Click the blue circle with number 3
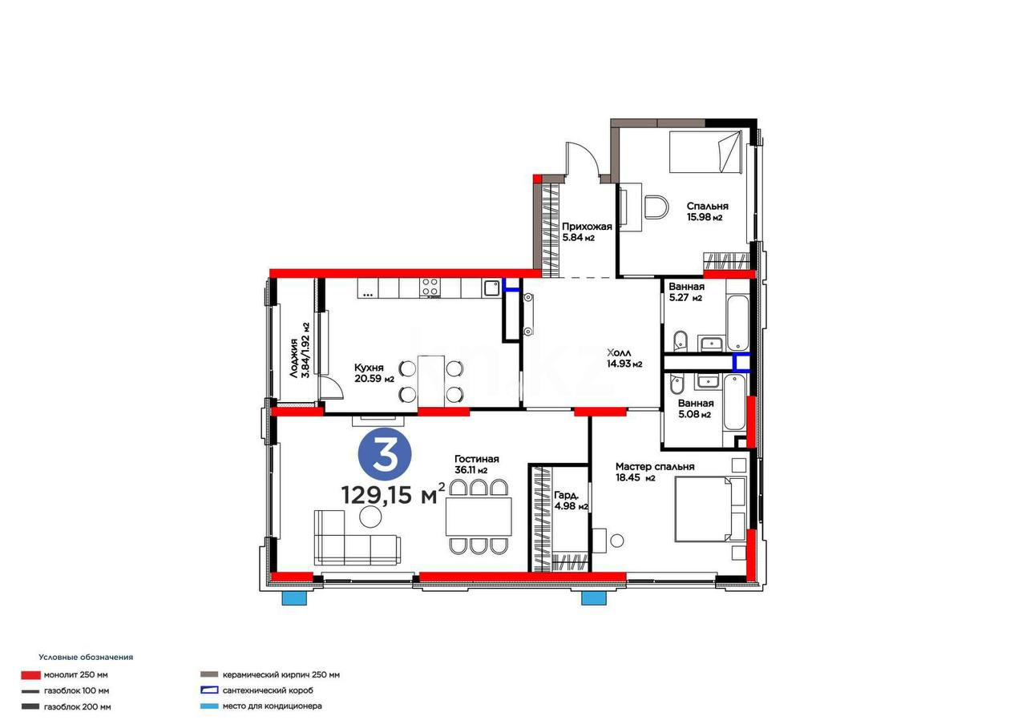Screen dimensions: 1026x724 click(x=385, y=455)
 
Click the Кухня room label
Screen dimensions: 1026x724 click(x=369, y=368)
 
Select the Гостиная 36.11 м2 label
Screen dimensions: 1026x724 click(x=476, y=464)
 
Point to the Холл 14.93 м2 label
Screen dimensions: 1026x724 click(x=624, y=358)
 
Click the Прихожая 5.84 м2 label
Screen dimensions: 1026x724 click(x=587, y=231)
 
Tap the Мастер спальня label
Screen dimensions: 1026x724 click(x=655, y=466)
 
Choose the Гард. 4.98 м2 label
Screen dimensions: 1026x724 click(x=571, y=501)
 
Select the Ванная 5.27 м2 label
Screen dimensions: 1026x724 click(x=686, y=292)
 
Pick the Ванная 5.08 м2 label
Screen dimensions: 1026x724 click(x=695, y=408)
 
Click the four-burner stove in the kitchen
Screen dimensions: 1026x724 click(x=430, y=288)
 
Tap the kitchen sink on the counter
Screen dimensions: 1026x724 click(x=491, y=288)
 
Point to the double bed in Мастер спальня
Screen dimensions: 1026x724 click(x=710, y=509)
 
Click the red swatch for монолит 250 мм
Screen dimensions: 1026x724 click(x=30, y=674)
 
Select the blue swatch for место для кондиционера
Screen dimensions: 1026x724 click(x=209, y=706)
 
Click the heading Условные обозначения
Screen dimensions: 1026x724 click(x=86, y=658)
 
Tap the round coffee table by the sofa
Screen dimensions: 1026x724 click(x=370, y=517)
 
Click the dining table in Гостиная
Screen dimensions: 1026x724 click(x=479, y=517)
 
